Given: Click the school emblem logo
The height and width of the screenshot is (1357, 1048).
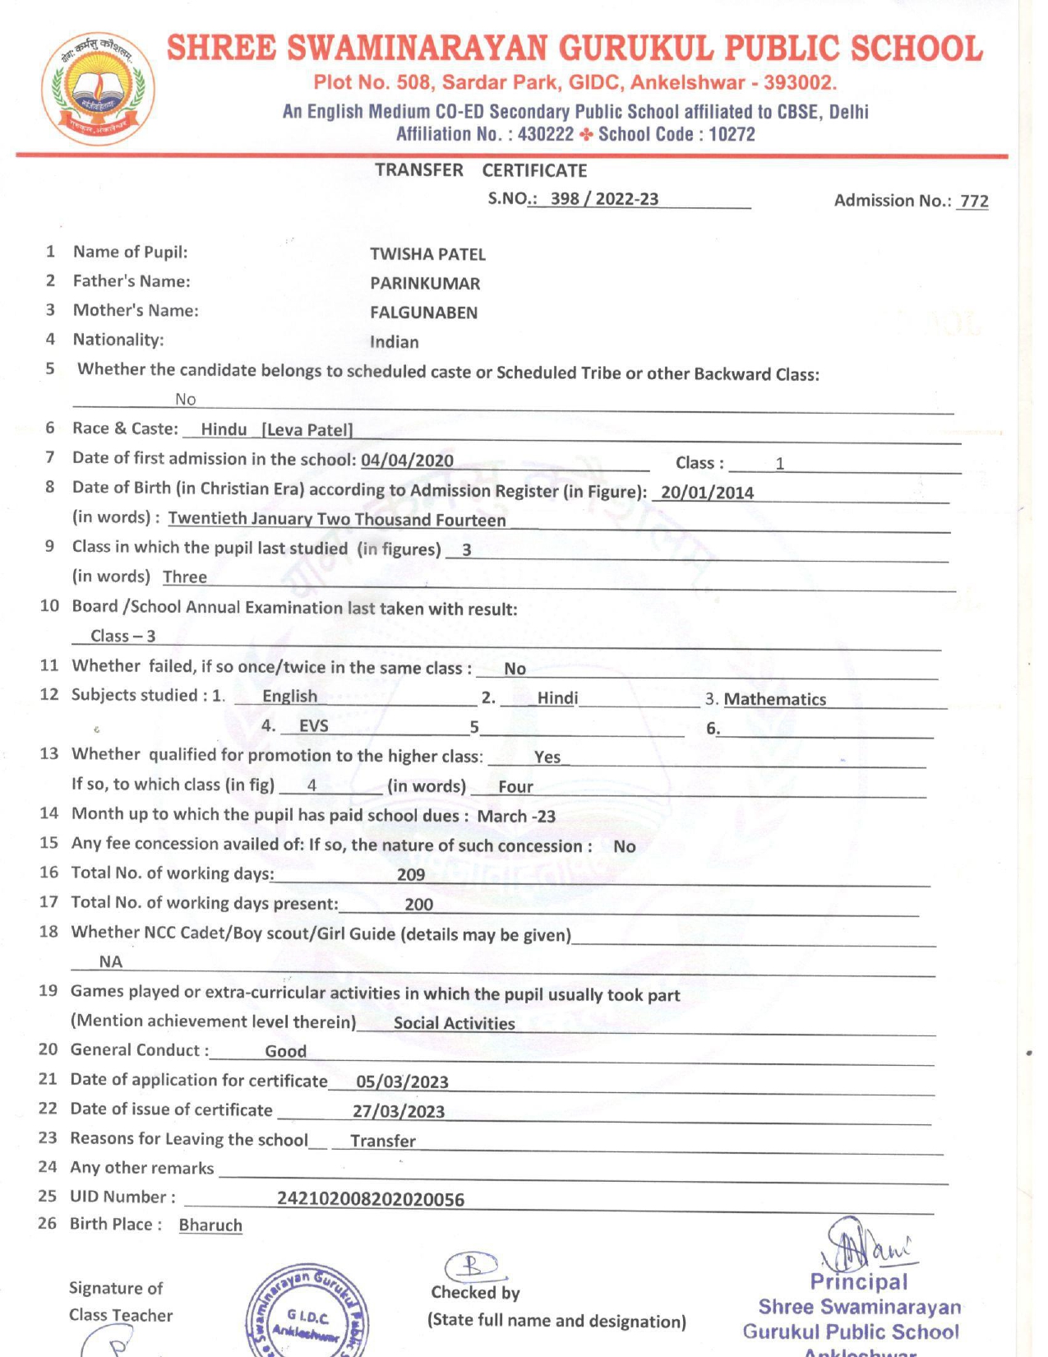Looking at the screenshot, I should click(98, 89).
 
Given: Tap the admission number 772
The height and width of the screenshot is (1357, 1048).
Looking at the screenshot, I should click(974, 201).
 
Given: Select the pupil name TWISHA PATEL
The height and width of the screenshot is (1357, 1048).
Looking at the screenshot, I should click(427, 254).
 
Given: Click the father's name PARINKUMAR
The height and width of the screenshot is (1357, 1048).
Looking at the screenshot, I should click(425, 284).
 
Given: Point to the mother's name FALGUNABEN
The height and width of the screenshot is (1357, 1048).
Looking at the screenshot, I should click(423, 313).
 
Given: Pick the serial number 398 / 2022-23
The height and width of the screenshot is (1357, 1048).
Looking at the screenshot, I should click(604, 199).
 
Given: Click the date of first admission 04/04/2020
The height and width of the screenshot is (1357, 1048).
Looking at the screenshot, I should click(407, 460).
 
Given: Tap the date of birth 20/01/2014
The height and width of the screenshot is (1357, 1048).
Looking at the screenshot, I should click(707, 493).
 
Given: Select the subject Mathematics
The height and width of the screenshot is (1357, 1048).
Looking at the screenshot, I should click(774, 699).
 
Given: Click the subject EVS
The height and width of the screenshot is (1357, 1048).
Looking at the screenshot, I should click(313, 726).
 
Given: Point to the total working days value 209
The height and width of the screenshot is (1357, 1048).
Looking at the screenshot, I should click(411, 875).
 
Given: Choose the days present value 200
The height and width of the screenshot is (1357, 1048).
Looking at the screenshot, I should click(418, 905).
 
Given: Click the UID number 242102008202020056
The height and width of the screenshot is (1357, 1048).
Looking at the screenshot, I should click(371, 1199).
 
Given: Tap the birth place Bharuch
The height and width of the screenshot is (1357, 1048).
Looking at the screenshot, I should click(210, 1225).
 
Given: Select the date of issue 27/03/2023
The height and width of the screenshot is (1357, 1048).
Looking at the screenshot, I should click(399, 1112).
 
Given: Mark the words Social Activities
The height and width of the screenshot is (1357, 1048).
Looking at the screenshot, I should click(454, 1023).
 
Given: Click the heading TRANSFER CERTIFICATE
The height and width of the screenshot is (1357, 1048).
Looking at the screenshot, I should click(481, 170).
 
